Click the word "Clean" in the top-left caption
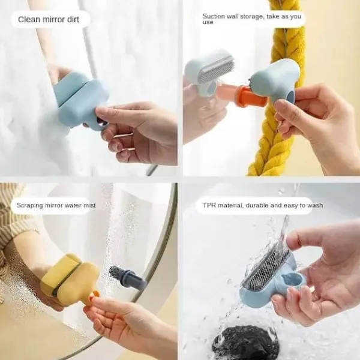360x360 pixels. tap(26, 19)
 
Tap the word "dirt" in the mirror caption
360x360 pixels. tap(73, 19)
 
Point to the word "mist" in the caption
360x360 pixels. tap(89, 205)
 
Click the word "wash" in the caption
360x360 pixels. tap(315, 205)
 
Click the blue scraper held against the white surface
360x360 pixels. tap(82, 100)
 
